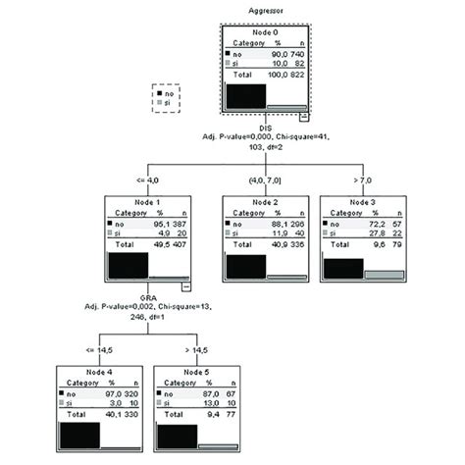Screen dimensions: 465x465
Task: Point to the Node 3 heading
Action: tap(363, 201)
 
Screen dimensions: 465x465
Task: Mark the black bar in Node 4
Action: tap(78, 439)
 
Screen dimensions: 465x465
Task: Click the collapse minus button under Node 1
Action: tap(185, 287)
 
